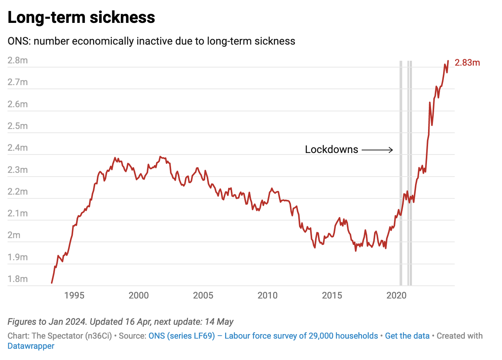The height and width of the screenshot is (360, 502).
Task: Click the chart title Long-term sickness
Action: (x=81, y=17)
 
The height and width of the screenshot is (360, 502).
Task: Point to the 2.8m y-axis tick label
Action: (x=18, y=60)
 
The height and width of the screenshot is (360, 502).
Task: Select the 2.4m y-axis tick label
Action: (x=18, y=148)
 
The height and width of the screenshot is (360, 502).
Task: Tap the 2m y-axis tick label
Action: (x=14, y=235)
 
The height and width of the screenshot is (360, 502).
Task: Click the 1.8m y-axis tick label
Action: (x=18, y=279)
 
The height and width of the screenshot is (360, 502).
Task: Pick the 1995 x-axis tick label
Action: (x=74, y=295)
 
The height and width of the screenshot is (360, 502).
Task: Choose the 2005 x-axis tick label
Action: (x=203, y=295)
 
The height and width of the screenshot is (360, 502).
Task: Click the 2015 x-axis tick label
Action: (x=332, y=295)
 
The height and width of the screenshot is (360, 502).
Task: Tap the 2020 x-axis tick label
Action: (x=396, y=295)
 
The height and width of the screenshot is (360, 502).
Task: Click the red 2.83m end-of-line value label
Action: (x=467, y=63)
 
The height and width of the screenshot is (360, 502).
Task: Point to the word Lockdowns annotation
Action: (x=331, y=150)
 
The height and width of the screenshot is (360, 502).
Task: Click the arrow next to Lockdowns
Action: (x=377, y=150)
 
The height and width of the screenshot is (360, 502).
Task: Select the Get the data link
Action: (x=407, y=336)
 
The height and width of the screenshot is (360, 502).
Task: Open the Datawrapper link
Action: (x=31, y=346)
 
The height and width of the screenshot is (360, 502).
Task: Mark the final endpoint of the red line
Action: (x=448, y=61)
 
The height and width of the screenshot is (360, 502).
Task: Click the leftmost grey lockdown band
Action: (x=401, y=172)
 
